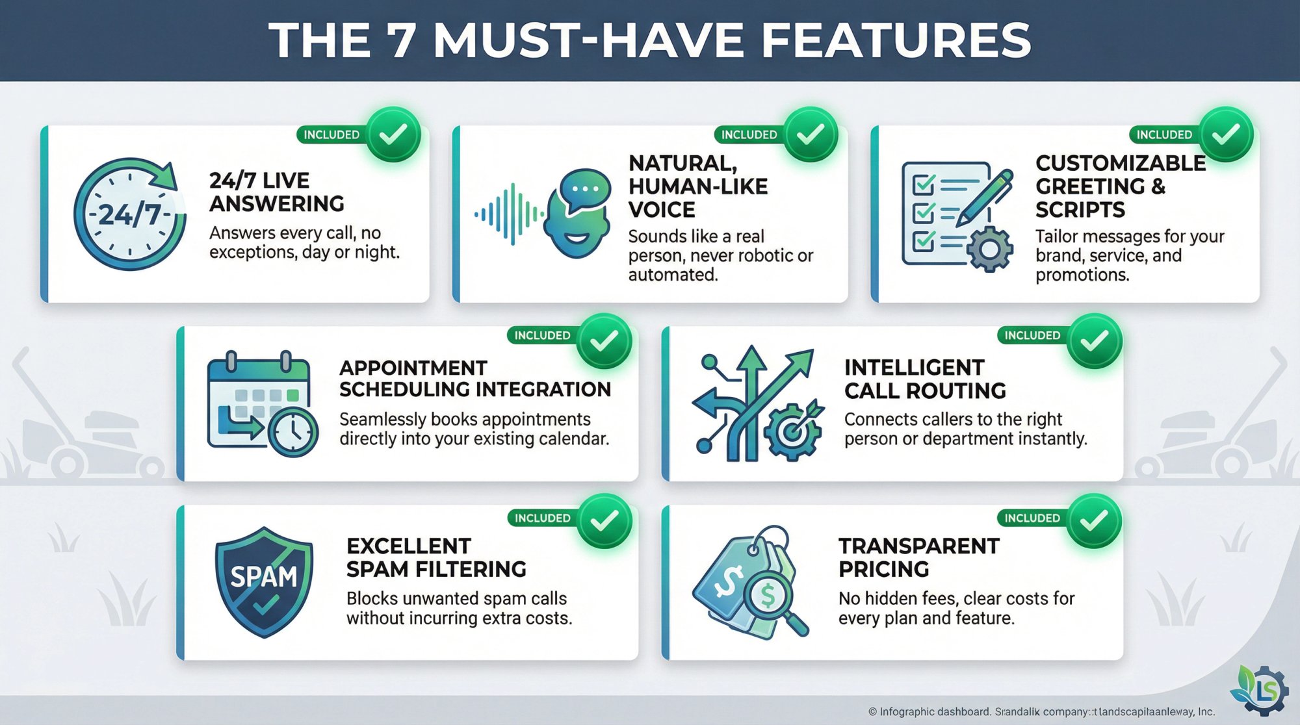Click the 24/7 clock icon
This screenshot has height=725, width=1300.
(129, 214)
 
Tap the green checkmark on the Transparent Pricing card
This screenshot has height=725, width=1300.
(1095, 520)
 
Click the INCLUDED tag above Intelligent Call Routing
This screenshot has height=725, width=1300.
(1032, 335)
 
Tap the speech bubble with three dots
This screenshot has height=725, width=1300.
(584, 190)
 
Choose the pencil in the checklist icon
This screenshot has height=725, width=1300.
(985, 194)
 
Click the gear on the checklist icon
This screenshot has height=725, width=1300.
(989, 249)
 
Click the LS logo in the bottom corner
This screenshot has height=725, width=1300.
(1261, 690)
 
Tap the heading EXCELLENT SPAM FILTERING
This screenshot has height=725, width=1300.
(436, 557)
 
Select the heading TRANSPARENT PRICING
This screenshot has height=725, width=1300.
(918, 557)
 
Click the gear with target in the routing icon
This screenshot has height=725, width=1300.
(793, 431)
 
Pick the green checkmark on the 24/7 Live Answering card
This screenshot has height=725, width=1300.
(393, 134)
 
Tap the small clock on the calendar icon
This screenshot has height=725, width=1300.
(293, 431)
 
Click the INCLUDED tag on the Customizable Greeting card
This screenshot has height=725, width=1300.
(1163, 134)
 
